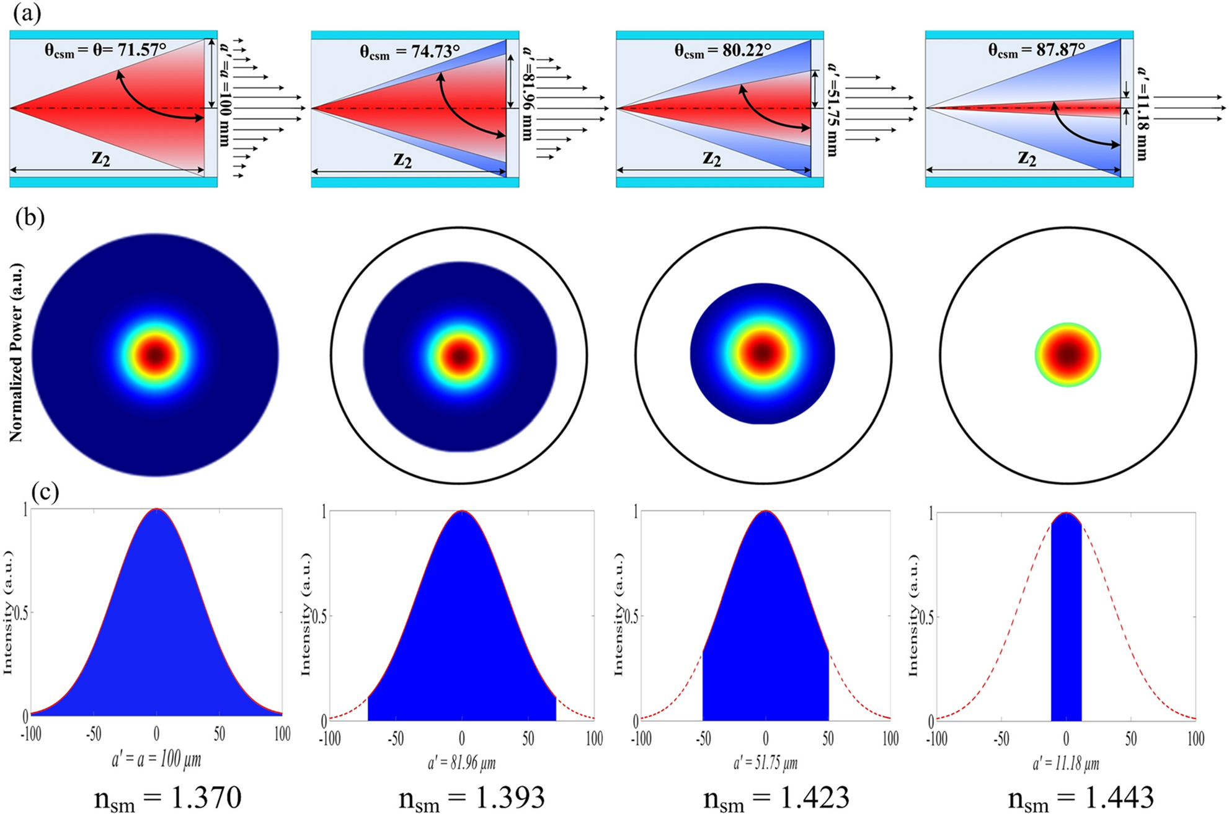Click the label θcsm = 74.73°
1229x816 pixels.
pos(410,51)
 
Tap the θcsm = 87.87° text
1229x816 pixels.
pos(1037,50)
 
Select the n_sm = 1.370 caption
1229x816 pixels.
pos(167,798)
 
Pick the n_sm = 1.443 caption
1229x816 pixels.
pos(1080,798)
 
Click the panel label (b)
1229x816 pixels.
pos(30,219)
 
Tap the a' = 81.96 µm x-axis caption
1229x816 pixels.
pos(461,762)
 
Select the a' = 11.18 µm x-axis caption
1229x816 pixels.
pos(1065,763)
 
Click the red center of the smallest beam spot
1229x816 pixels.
pos(1067,355)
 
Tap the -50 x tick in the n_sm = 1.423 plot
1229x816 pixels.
pos(703,739)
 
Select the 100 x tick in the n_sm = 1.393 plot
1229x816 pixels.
pos(594,739)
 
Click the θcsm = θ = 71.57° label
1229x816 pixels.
pos(105,50)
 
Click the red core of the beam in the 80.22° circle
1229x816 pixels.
pos(763,353)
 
